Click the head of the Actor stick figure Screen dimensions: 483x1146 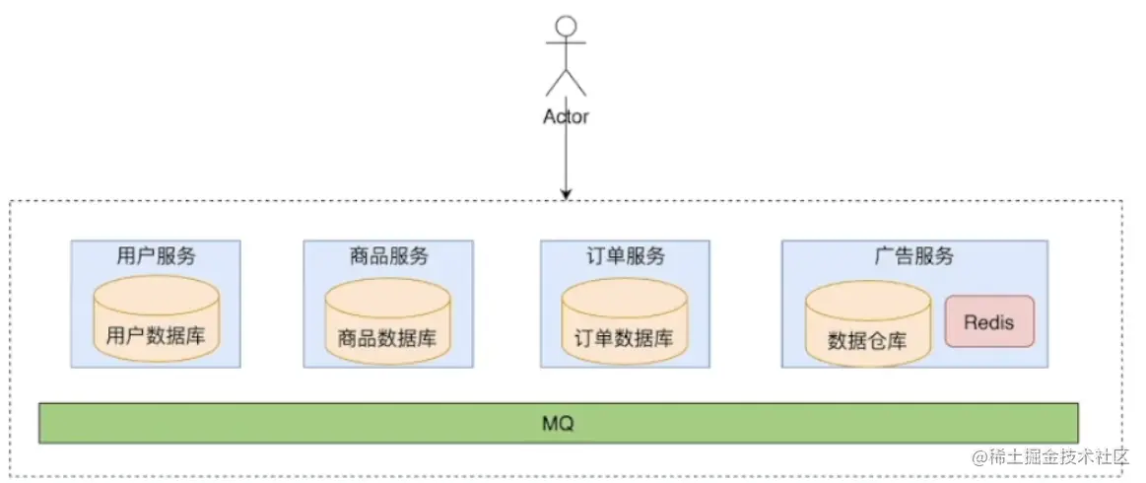tap(566, 27)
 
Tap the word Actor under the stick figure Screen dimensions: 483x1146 tap(566, 116)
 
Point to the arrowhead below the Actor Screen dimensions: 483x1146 tap(566, 193)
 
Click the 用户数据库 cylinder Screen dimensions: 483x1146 tap(157, 317)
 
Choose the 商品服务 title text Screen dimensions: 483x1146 tap(388, 256)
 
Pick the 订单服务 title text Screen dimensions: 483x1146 tap(625, 256)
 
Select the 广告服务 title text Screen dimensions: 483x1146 tap(914, 256)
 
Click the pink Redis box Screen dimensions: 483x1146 tap(989, 321)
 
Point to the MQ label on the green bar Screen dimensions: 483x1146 tap(558, 424)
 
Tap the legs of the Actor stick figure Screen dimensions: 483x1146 tap(566, 82)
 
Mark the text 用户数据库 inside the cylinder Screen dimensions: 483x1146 tap(157, 336)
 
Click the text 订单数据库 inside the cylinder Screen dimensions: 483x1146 tap(624, 338)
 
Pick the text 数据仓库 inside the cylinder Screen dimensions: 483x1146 tap(867, 342)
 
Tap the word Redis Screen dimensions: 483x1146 tap(989, 322)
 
